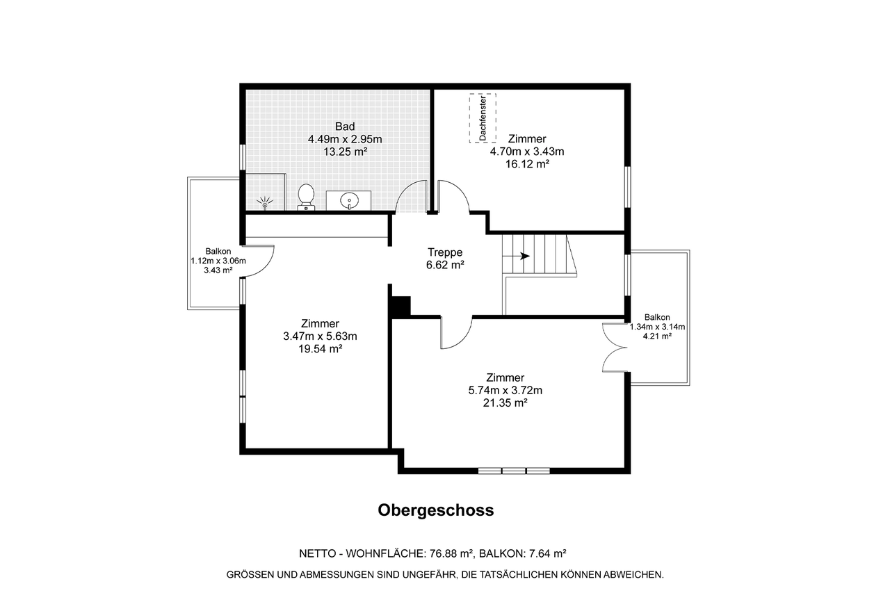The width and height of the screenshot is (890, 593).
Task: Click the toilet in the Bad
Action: [306, 197]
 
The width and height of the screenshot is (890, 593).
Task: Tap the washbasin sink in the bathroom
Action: [349, 201]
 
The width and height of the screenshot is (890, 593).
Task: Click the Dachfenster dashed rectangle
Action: [483, 118]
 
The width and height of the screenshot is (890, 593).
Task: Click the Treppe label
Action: [445, 252]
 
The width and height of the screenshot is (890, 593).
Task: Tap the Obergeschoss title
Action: [436, 510]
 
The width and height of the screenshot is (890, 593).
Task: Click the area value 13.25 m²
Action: [345, 152]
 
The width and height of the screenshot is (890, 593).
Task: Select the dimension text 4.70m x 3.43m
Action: [527, 152]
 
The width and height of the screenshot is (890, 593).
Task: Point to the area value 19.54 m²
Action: [321, 349]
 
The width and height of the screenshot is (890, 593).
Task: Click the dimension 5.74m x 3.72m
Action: [505, 391]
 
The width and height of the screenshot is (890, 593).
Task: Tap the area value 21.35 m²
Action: [505, 403]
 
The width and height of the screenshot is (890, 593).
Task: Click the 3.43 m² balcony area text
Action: [218, 270]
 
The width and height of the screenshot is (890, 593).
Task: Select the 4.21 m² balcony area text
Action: [657, 336]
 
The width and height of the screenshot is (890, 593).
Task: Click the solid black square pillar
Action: [401, 306]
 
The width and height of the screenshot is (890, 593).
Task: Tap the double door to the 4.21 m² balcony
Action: [614, 348]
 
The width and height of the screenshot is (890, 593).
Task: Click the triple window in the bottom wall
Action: [514, 471]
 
